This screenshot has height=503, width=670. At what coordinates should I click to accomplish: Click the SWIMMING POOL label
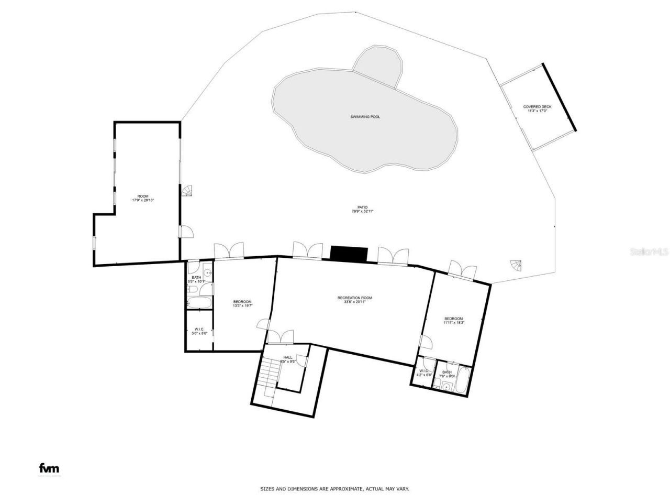click(x=365, y=116)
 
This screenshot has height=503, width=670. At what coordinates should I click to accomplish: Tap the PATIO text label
click(x=363, y=207)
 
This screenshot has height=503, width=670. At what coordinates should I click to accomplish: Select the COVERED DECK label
click(x=537, y=107)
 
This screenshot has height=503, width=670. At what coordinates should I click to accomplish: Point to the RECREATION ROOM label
click(x=355, y=298)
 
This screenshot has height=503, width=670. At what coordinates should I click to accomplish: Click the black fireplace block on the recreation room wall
click(x=349, y=254)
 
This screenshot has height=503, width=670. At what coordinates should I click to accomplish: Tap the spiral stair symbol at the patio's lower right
click(x=516, y=265)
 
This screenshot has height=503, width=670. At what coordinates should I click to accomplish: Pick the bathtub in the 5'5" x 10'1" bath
click(x=199, y=302)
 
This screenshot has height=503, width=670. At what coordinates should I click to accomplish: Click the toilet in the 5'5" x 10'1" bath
click(x=192, y=290)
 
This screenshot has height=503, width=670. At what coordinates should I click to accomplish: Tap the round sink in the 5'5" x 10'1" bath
click(x=207, y=272)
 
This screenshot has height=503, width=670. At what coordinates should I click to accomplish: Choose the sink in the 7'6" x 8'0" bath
click(x=446, y=387)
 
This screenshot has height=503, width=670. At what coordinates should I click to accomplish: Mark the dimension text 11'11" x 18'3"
click(x=454, y=323)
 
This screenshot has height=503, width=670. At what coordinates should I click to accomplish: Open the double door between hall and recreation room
click(x=280, y=337)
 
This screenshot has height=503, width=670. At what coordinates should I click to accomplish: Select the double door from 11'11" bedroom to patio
click(x=462, y=269)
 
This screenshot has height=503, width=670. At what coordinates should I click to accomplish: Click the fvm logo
click(x=50, y=468)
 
